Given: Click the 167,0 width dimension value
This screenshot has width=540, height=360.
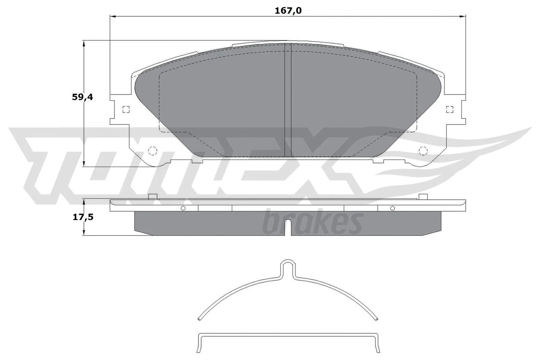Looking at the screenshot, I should [288, 11].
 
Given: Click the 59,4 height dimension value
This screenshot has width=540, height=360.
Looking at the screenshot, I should [82, 97].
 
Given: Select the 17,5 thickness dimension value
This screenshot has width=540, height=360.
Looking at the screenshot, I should [83, 217].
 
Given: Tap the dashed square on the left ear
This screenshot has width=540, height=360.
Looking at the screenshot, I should [126, 109].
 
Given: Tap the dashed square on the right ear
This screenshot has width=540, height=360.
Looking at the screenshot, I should [449, 109].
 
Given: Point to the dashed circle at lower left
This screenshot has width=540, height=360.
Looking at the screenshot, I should [153, 151].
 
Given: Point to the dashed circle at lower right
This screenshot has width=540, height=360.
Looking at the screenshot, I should [423, 151].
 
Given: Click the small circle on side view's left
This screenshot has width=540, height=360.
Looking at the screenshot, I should [183, 208].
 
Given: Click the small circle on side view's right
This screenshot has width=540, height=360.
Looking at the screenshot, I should [392, 208].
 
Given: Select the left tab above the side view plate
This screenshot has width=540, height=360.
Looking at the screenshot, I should [153, 197].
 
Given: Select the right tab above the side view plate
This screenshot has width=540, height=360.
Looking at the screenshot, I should [423, 197].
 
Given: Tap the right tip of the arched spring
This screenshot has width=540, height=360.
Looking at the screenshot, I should [376, 319].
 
